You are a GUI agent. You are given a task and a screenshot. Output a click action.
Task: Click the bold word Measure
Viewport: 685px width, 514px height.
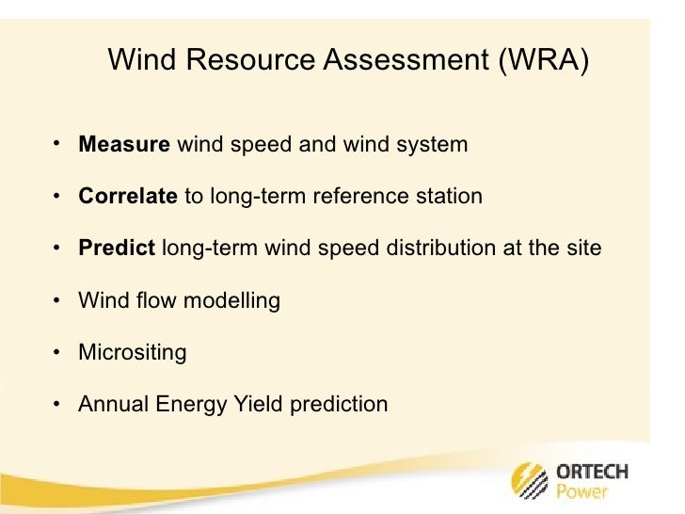(x=124, y=146)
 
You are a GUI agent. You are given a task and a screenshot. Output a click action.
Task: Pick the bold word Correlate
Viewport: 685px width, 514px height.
(x=128, y=198)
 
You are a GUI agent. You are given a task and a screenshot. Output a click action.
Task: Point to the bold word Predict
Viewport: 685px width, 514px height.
(x=117, y=249)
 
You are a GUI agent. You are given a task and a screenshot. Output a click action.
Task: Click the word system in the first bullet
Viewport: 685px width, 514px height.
(x=434, y=146)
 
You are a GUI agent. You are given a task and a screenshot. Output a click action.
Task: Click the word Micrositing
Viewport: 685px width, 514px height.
(x=133, y=353)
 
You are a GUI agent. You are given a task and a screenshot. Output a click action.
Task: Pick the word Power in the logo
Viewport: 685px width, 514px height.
(x=582, y=492)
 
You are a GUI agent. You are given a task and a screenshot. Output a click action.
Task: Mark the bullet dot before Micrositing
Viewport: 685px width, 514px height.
(x=58, y=353)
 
